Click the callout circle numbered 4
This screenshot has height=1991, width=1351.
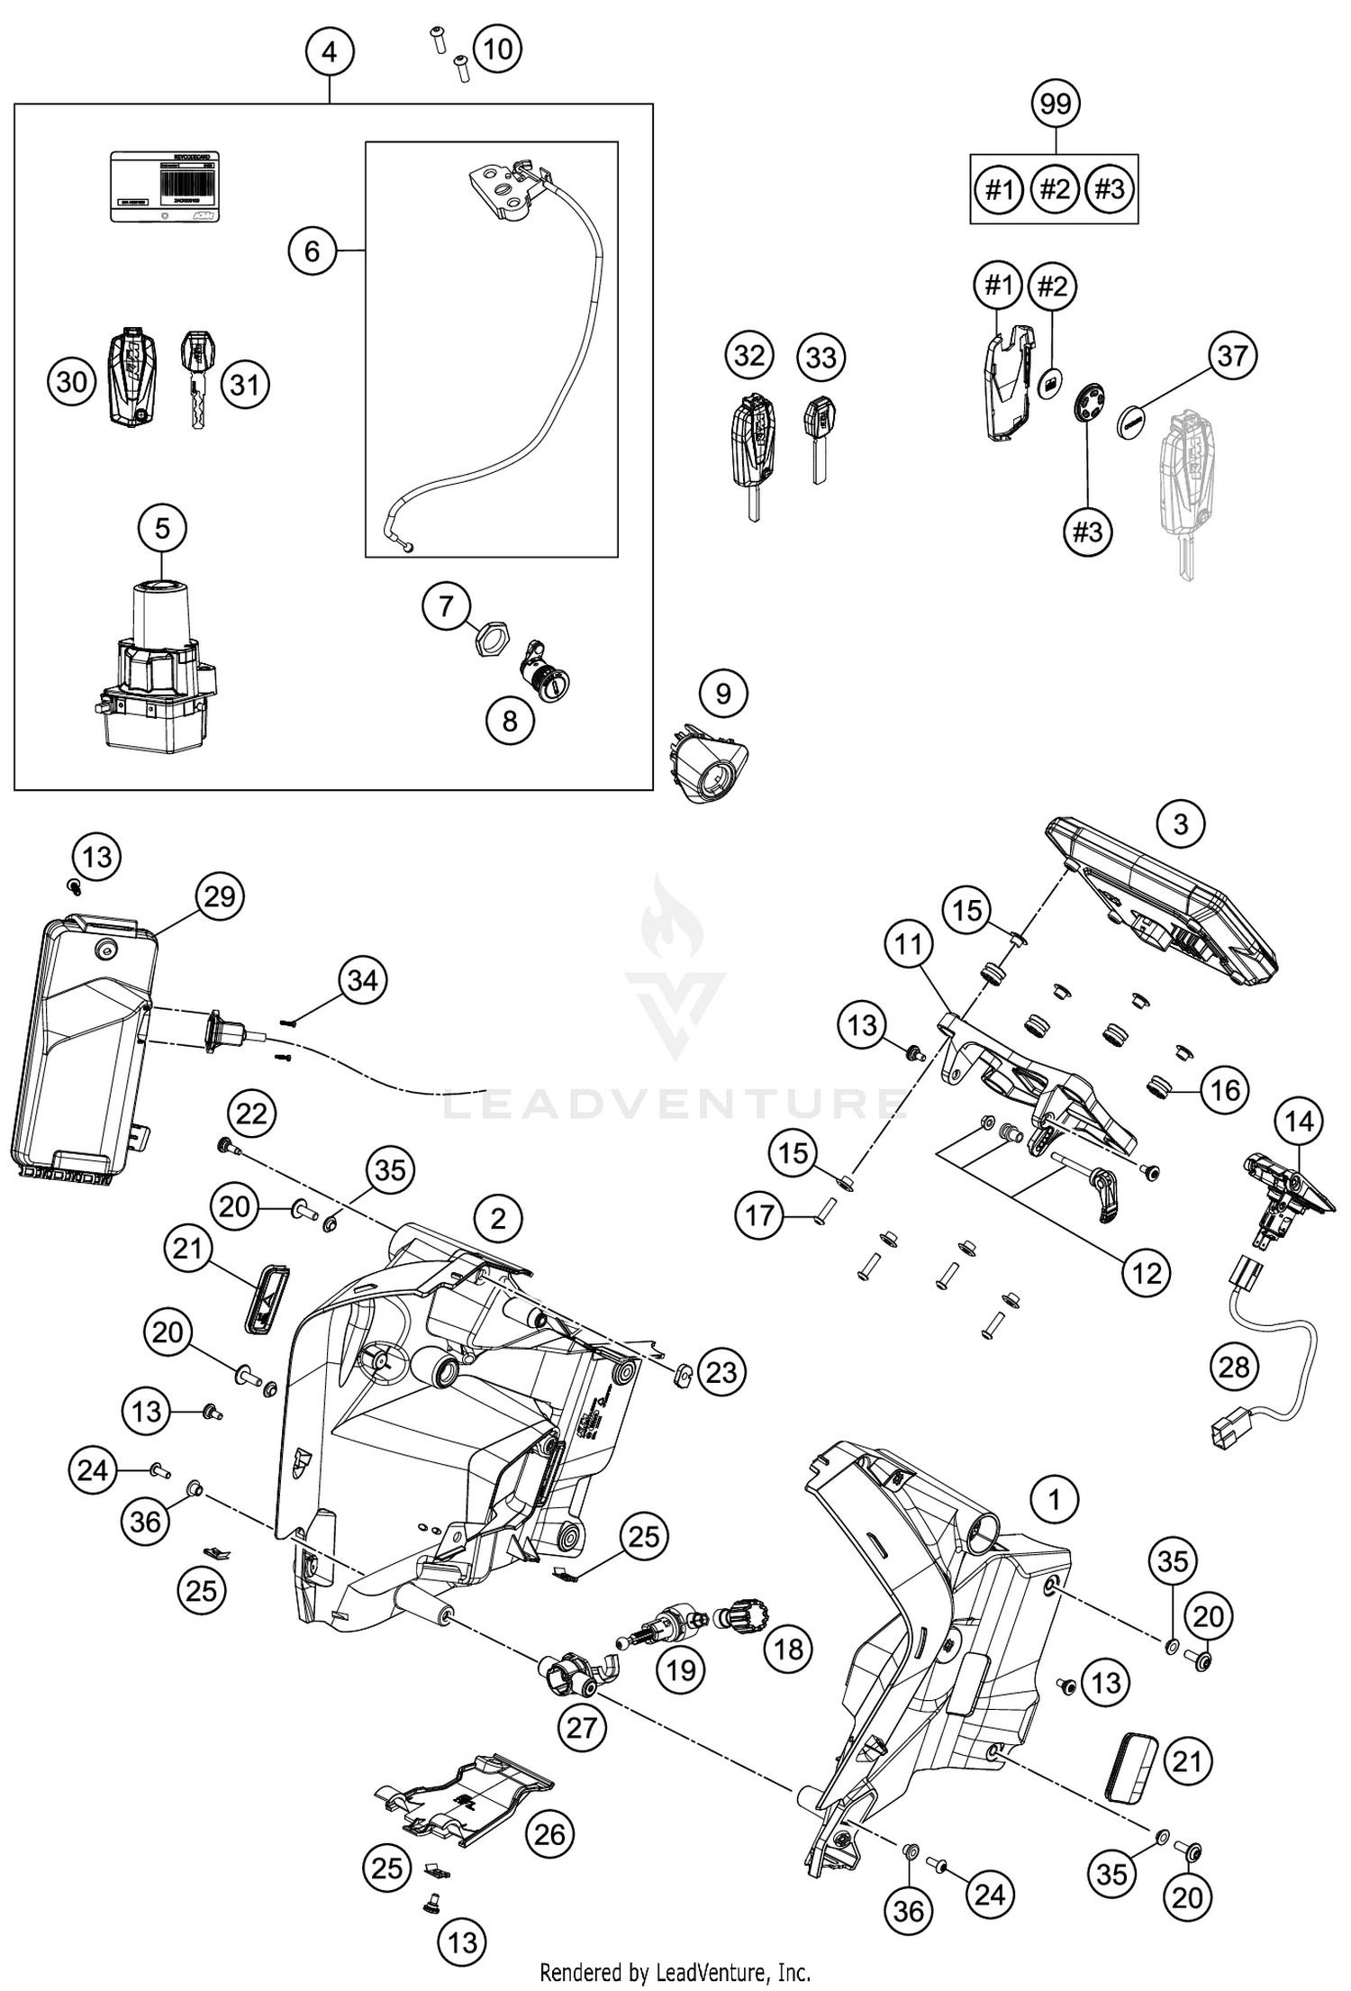pos(329,52)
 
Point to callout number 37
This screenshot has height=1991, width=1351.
pos(1231,356)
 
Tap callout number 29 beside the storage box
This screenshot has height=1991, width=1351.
pos(220,896)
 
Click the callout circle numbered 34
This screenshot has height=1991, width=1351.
pos(362,979)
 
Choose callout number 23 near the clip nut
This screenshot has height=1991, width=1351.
pos(721,1372)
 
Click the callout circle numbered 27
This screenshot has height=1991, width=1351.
pos(582,1728)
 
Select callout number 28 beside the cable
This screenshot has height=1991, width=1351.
pos(1233,1368)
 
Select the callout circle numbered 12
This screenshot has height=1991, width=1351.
pos(1145,1273)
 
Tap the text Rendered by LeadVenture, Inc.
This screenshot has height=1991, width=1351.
pos(675,1973)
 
